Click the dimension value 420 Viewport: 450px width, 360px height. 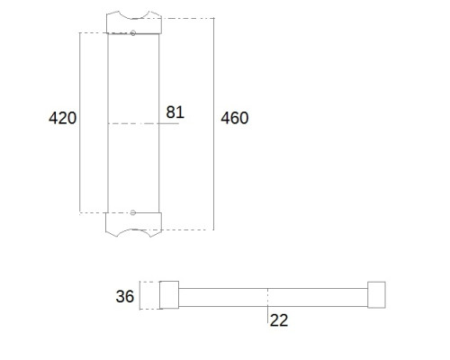coord(62,118)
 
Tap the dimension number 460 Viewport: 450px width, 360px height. coord(235,118)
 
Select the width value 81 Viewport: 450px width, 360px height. coord(175,112)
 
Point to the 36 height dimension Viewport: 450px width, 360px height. coord(125,296)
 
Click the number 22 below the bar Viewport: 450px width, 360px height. coord(279,320)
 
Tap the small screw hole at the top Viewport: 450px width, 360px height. coord(133,33)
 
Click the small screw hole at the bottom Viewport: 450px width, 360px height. coord(133,212)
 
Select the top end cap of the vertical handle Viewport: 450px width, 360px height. coord(134,22)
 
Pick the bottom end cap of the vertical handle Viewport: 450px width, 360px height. coord(134,224)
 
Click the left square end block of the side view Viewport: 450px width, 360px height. coord(169,295)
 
